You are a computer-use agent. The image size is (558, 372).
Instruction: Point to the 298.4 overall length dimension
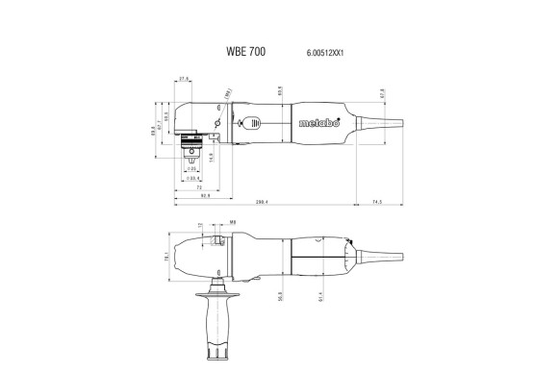point(262,202)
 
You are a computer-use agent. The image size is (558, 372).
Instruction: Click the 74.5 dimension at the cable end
point(376,202)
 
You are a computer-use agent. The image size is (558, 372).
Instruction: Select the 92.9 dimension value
point(206,196)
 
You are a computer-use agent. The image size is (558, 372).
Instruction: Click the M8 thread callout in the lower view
point(206,222)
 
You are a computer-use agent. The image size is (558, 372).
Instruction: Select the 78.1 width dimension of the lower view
point(165,258)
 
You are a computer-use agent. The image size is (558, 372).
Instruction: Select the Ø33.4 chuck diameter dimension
point(192,178)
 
